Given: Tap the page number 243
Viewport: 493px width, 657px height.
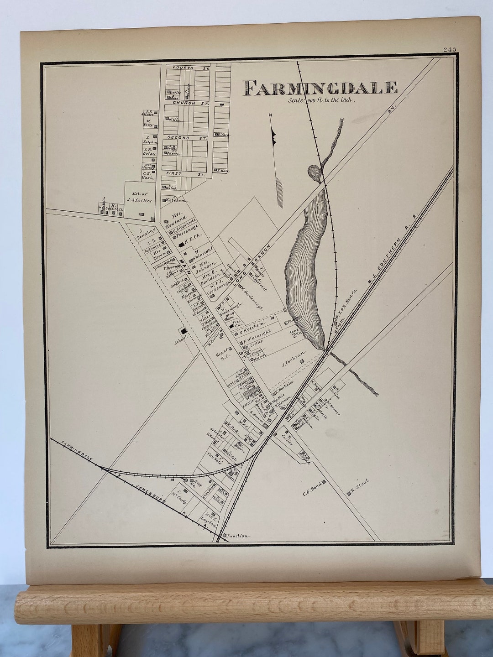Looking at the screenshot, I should (x=449, y=49).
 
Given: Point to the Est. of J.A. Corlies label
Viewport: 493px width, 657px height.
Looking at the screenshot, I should (x=140, y=197).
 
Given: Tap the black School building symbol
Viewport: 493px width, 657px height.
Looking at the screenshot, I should (x=184, y=332).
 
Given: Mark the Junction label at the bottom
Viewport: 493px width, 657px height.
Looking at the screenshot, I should (x=237, y=536).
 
